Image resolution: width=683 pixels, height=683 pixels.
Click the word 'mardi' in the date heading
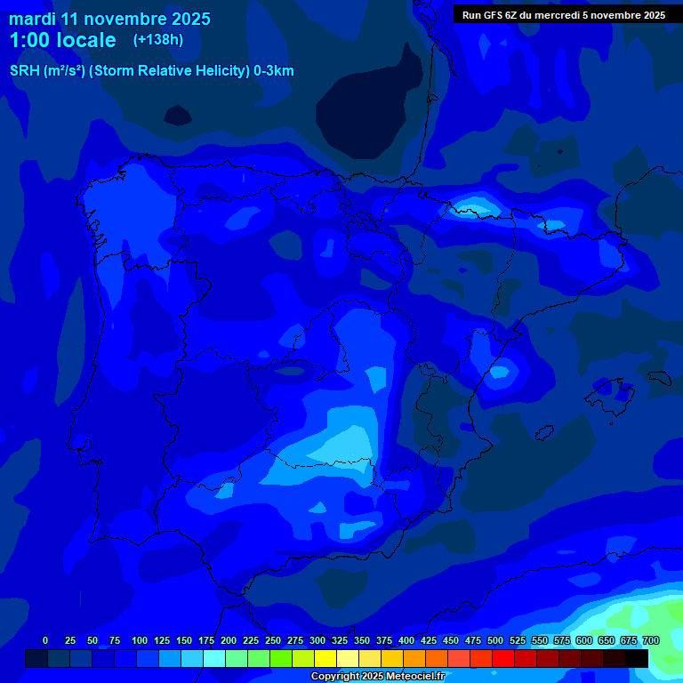pos(31,19)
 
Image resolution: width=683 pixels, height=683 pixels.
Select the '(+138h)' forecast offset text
pos(158,40)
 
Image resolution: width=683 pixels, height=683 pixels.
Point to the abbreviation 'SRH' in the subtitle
pos(25,71)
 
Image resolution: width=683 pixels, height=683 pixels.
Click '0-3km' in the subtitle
pos(274,71)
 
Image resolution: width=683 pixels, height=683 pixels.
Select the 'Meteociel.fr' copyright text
pos(413,677)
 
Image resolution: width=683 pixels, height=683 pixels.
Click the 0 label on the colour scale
pos(45,640)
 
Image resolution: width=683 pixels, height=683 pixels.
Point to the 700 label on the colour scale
pos(651,640)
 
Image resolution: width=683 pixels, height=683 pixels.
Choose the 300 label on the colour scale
pos(317,640)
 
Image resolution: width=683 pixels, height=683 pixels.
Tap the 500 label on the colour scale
pos(495,640)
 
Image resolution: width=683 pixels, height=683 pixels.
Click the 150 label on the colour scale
pos(184,640)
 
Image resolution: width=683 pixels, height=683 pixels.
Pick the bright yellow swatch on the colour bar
pos(325,658)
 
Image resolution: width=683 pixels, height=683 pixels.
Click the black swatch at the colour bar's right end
pos(637,658)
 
